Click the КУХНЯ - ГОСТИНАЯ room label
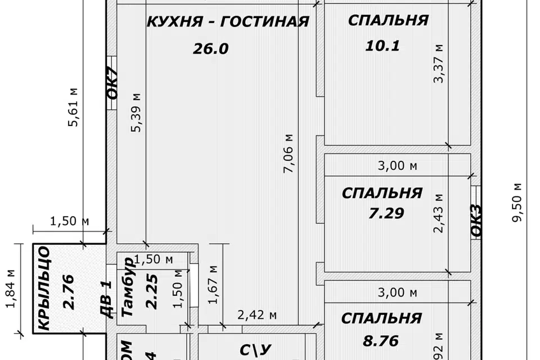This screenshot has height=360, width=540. pos(228,21)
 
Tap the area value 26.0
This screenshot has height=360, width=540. pos(210,49)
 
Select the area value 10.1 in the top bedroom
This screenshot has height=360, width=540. pos(382,46)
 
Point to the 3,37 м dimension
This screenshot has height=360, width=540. pos(439,64)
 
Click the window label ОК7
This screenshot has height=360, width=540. pos(112,83)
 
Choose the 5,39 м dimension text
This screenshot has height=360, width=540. pos(136,112)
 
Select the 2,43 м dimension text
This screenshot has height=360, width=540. pos(439,213)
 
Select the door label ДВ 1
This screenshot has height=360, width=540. pos(105,299)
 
